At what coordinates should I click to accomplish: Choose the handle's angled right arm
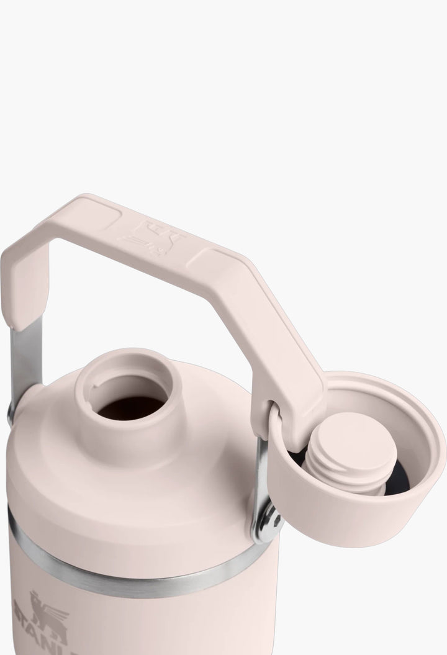tap(273, 335)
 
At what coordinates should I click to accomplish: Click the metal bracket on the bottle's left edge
tap(11, 413)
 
